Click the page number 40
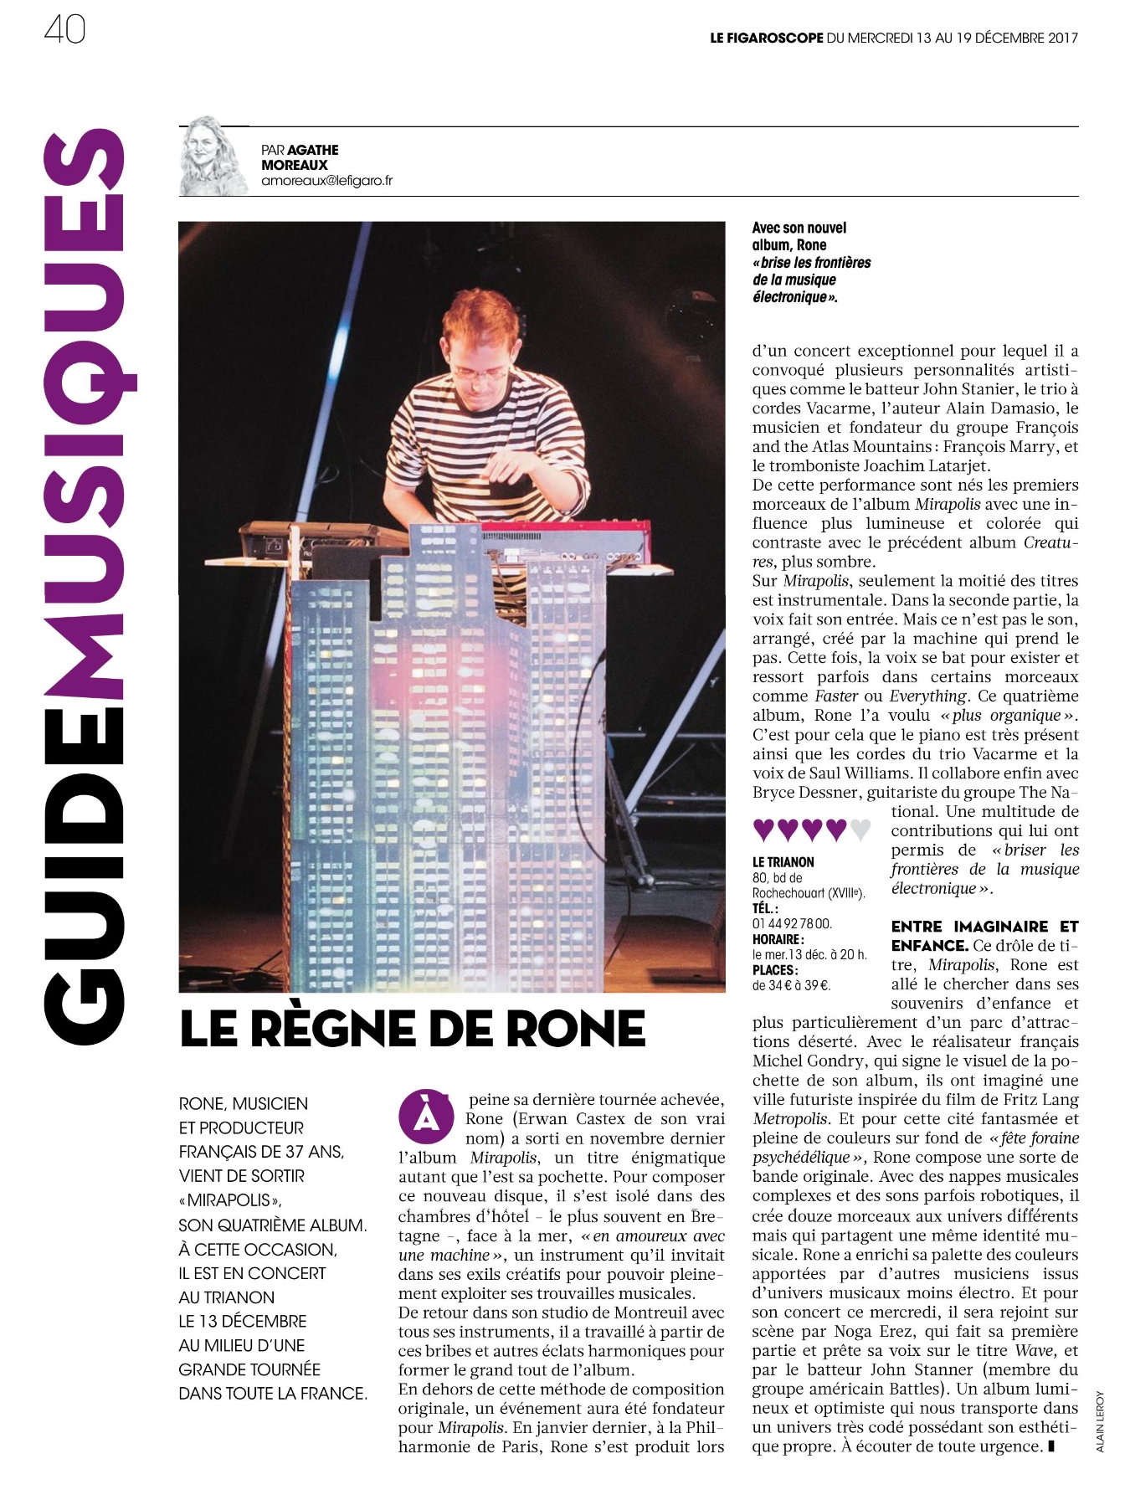click(x=64, y=31)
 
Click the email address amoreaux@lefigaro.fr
click(x=326, y=181)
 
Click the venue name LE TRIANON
click(x=783, y=861)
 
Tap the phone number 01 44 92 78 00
click(x=792, y=922)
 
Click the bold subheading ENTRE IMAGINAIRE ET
click(x=984, y=926)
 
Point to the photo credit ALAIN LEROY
click(x=1101, y=1421)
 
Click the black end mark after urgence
click(x=1051, y=1446)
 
